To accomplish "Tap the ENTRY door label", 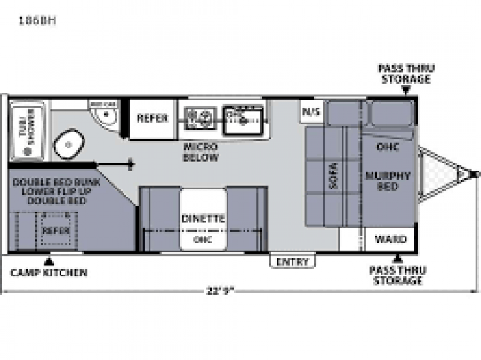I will [x=292, y=262].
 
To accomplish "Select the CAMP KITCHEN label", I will [x=49, y=273].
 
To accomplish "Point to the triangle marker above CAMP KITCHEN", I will [x=49, y=261].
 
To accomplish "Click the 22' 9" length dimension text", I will [x=219, y=291].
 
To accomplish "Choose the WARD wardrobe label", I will [x=390, y=239].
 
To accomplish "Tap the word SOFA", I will [x=335, y=175].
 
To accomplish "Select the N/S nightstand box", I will [x=311, y=111].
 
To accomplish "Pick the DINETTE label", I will [x=203, y=219].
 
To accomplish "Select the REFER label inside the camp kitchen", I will [x=55, y=230].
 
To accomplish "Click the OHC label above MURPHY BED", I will [x=387, y=146].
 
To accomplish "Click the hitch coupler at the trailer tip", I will [x=473, y=175].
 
